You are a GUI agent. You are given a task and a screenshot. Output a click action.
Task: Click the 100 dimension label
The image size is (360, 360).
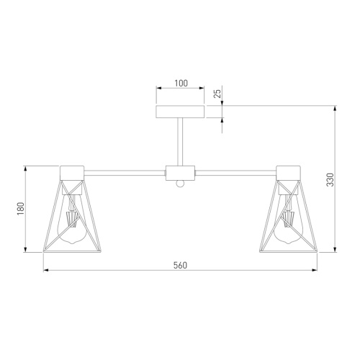(181, 84)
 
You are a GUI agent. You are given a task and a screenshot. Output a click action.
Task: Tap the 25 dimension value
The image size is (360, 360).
(217, 94)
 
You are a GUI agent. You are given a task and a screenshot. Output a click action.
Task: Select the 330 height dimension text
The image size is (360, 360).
(330, 179)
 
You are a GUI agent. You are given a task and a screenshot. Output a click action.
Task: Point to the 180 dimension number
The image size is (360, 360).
(21, 208)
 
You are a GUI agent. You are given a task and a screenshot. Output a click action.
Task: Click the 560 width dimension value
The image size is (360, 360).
(180, 265)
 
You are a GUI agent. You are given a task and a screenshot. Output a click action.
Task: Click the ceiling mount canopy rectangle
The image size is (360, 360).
(180, 112)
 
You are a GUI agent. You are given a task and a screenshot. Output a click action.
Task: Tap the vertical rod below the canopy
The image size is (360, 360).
(180, 142)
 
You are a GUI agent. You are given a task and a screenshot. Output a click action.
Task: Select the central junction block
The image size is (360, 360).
(180, 173)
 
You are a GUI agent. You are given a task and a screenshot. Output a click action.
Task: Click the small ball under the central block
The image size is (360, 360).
(180, 184)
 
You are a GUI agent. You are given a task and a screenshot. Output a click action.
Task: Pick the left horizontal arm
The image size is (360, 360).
(125, 173)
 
